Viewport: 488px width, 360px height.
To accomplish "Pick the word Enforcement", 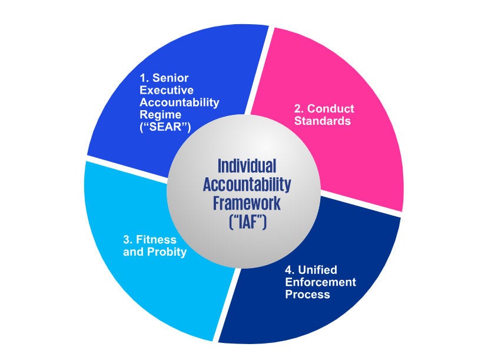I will [x=321, y=282].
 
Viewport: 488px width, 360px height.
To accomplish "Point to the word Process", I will [x=307, y=295].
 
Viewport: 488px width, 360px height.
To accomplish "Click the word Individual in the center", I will [x=247, y=166].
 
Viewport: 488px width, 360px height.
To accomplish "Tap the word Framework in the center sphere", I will [x=247, y=204].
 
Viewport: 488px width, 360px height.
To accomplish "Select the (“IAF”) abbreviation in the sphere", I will [x=247, y=223].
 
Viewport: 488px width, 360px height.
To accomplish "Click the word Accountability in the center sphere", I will [x=247, y=184].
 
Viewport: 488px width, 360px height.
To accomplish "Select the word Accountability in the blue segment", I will [x=180, y=102].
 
